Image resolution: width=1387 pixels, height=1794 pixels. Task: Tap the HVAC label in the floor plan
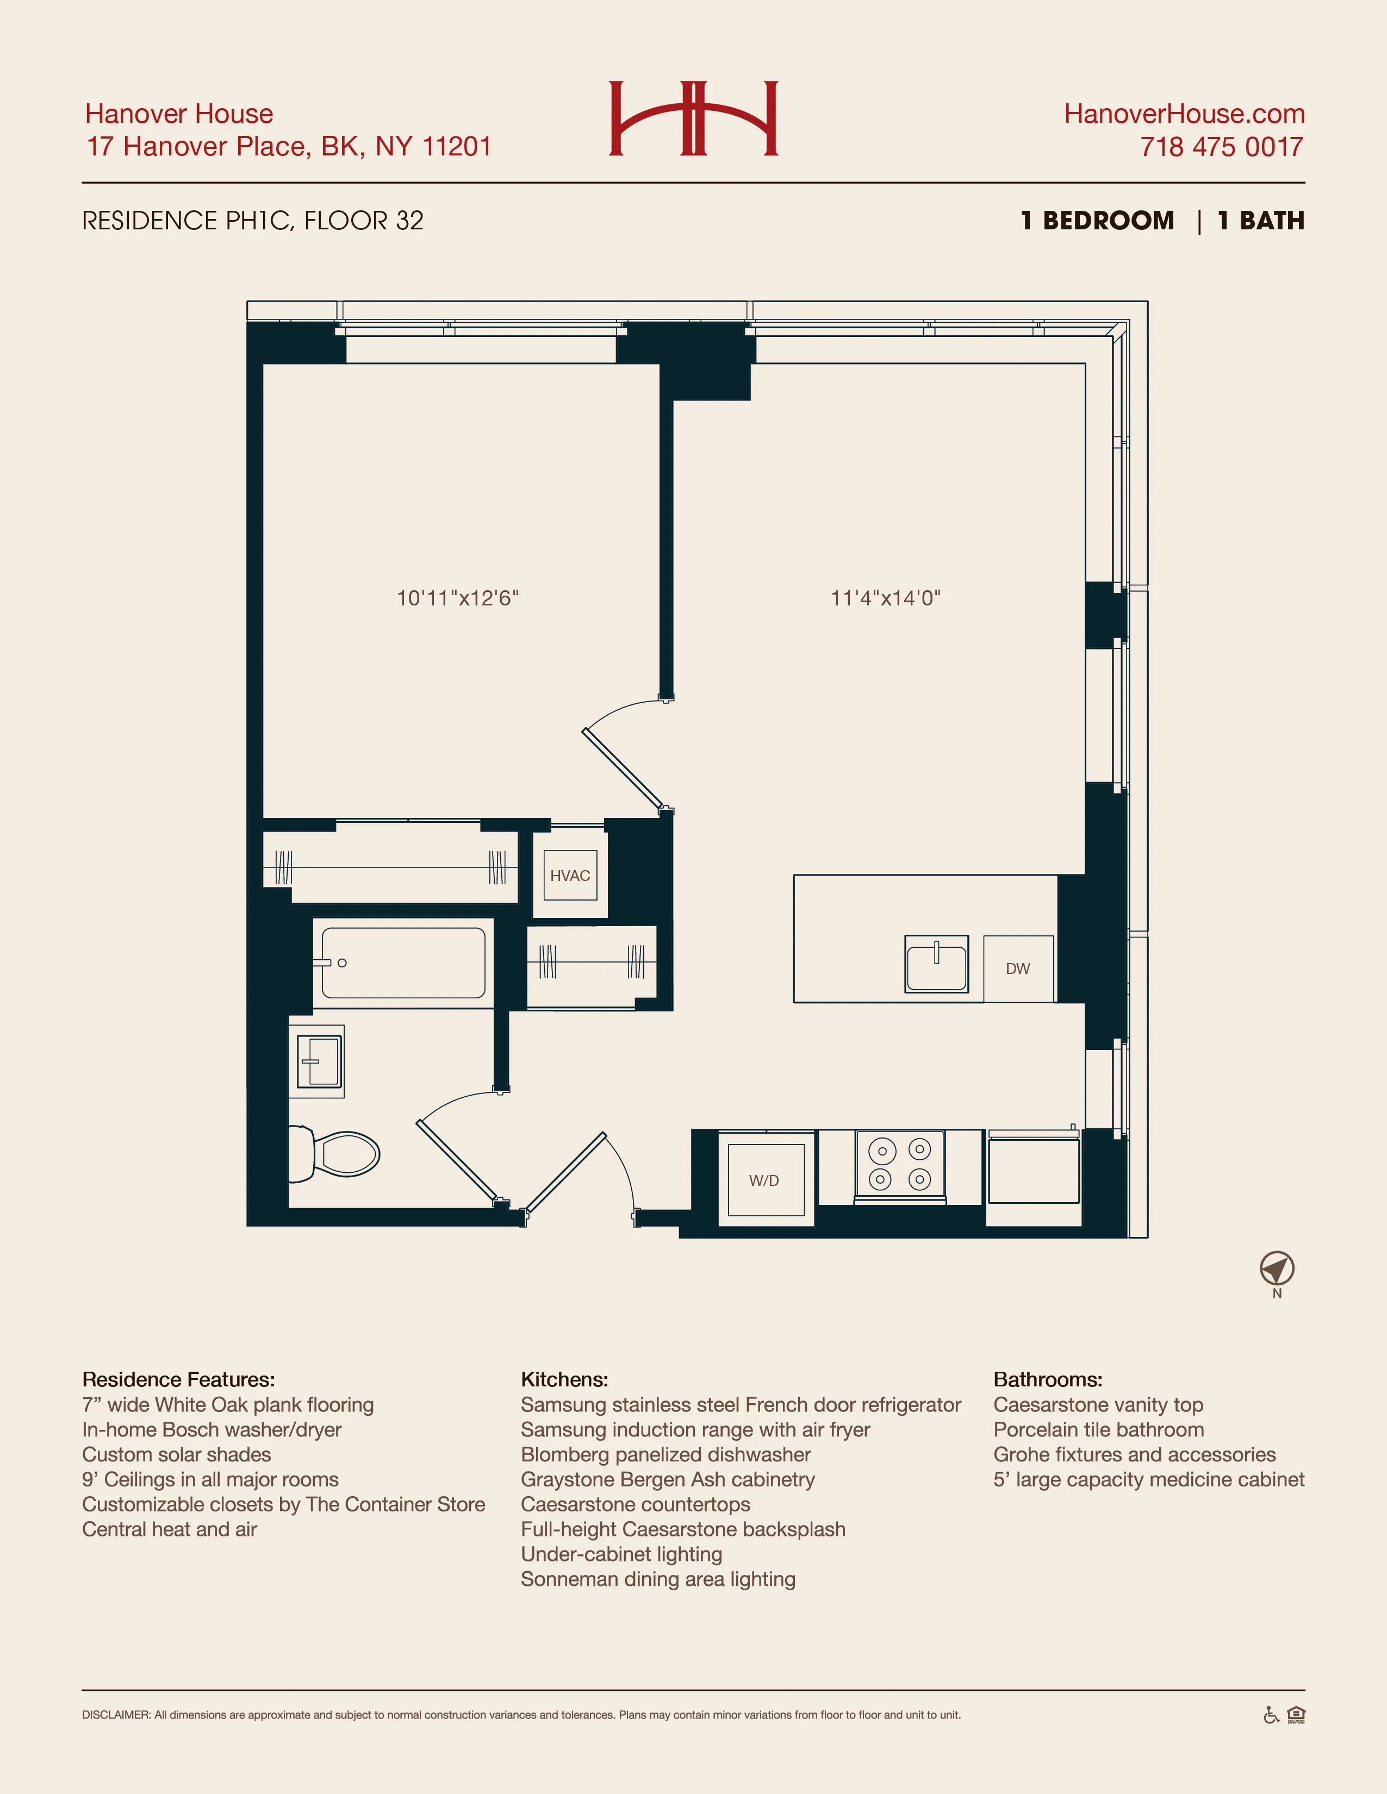pyautogui.click(x=570, y=876)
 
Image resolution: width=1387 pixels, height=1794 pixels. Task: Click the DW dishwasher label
pyautogui.click(x=1018, y=968)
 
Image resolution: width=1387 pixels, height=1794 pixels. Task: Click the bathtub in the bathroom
pyautogui.click(x=403, y=962)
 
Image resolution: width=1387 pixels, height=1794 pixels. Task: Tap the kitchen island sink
pyautogui.click(x=937, y=964)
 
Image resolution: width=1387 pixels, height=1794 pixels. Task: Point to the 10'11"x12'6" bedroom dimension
pyautogui.click(x=458, y=598)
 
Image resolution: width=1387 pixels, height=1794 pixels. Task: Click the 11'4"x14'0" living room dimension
pyautogui.click(x=885, y=598)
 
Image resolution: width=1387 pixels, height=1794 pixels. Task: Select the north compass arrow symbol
pyautogui.click(x=1276, y=1269)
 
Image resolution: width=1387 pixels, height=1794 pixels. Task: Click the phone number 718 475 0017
pyautogui.click(x=1221, y=147)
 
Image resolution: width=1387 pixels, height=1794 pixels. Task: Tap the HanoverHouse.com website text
pyautogui.click(x=1184, y=114)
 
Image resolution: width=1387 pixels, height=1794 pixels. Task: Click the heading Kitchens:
pyautogui.click(x=564, y=1379)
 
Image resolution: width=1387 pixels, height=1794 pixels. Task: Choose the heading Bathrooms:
pyautogui.click(x=1048, y=1379)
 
